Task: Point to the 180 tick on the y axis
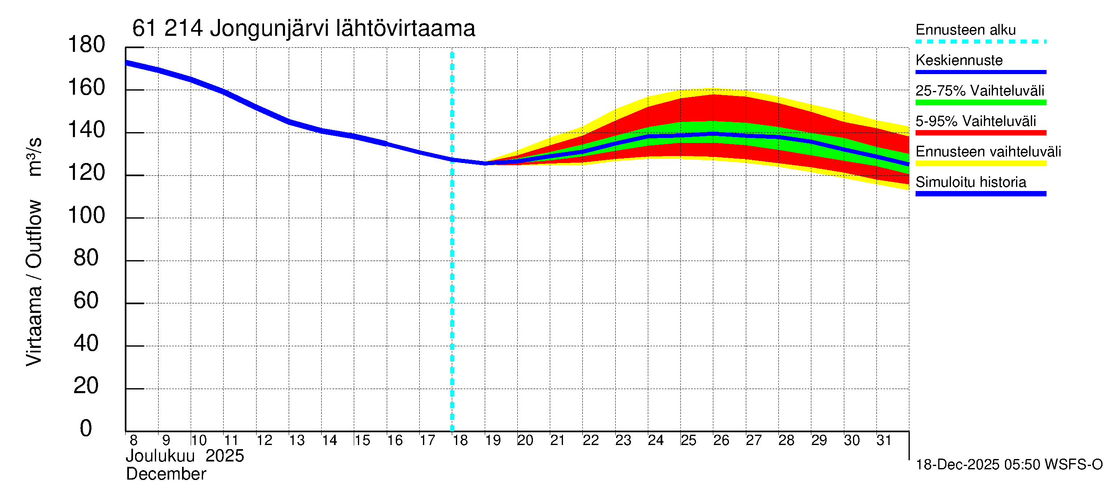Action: point(86,44)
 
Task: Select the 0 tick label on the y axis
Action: point(86,428)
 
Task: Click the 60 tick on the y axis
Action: point(86,300)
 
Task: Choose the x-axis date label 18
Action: point(460,440)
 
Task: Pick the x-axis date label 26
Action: point(721,440)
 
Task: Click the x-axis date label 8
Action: point(133,440)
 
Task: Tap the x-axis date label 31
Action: point(884,440)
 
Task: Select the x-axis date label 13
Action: point(297,440)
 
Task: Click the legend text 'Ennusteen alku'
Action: point(966,30)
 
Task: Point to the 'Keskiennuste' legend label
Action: point(959,60)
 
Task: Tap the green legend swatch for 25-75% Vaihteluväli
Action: point(981,103)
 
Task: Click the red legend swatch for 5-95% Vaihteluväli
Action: point(981,133)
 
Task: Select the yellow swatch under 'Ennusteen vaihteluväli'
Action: point(981,163)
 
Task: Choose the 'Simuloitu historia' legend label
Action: point(971,182)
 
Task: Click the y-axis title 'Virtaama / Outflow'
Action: point(34,282)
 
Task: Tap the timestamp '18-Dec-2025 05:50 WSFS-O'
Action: point(1009,465)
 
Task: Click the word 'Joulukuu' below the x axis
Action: point(160,456)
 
